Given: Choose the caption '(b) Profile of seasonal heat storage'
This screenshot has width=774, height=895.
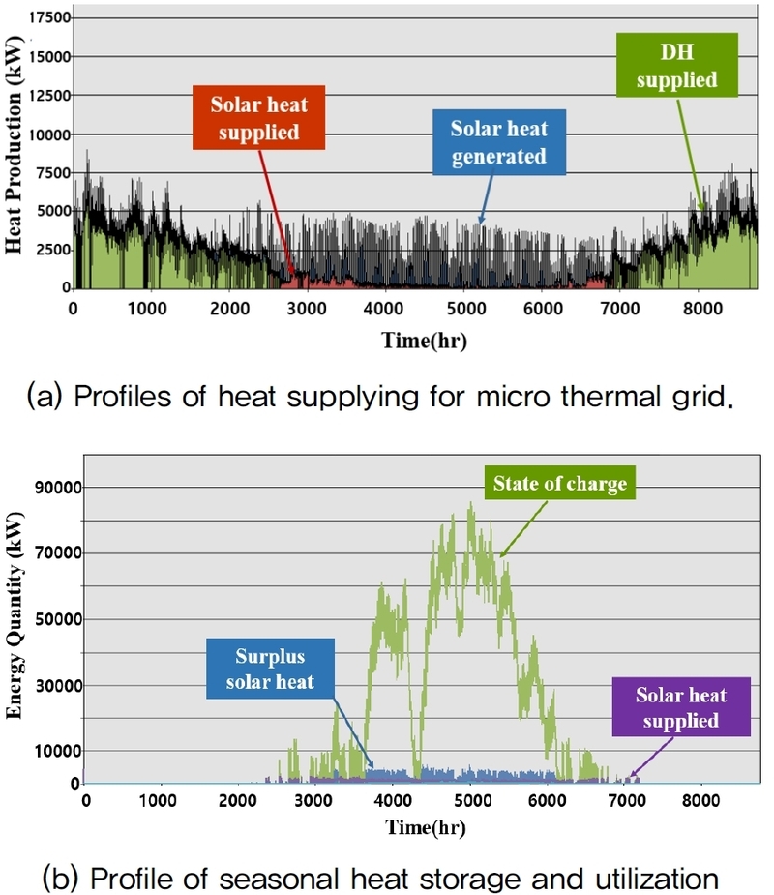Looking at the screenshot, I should [382, 879].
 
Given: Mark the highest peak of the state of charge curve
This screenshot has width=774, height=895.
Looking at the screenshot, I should [471, 503].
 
